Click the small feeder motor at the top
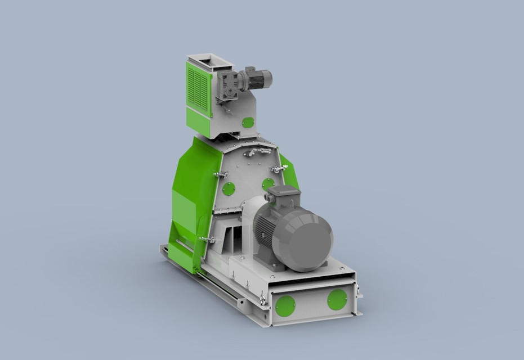point(257,79)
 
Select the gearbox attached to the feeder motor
point(228,85)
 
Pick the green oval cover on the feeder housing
point(248,122)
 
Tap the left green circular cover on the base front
point(285,305)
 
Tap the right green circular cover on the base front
point(337,299)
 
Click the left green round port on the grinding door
point(229,188)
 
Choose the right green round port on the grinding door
point(268,184)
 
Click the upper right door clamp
point(277,169)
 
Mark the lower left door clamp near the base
point(207,240)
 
